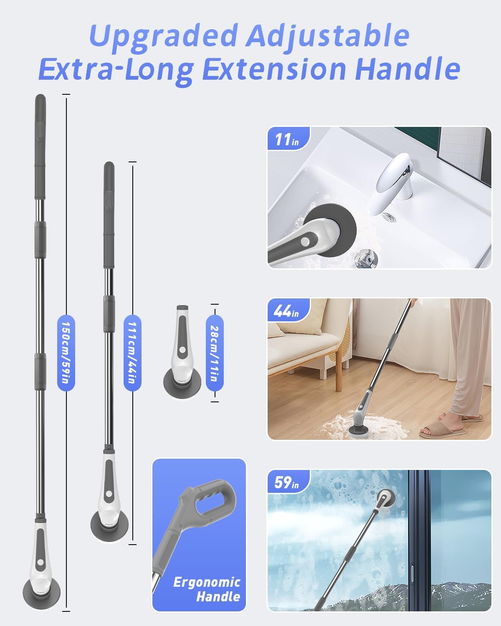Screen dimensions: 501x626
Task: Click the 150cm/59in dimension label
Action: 66,353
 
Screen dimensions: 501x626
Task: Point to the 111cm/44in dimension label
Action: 132,353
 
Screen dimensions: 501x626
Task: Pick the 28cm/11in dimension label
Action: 215,353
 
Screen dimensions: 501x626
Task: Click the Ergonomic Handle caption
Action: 207,589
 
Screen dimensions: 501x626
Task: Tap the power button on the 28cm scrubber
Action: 182,350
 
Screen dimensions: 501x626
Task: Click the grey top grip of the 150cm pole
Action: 40,147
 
